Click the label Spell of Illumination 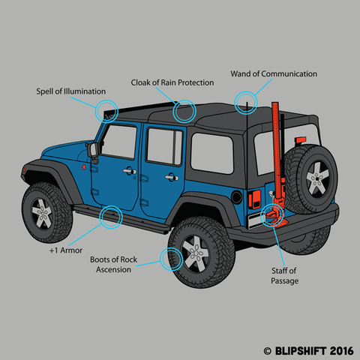pos(71,91)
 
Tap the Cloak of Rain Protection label pos(172,82)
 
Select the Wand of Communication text pos(274,73)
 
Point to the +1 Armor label pos(66,250)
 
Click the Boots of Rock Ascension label pos(113,265)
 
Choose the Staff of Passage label pos(284,276)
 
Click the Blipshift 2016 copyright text pos(309,351)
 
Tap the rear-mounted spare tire pos(311,179)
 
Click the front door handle pos(130,171)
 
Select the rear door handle pos(172,177)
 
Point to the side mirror pos(92,151)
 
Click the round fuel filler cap pos(236,197)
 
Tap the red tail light pos(254,199)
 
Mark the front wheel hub pos(42,213)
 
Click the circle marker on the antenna pos(246,103)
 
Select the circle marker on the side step pos(111,217)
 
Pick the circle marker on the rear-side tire pos(172,259)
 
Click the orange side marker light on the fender pos(84,167)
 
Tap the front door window pos(119,141)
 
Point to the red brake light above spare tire pos(300,139)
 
